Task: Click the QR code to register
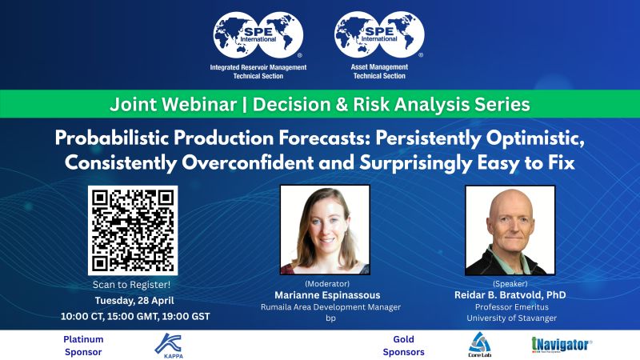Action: (133, 230)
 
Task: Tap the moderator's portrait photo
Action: (325, 230)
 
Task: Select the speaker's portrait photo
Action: (510, 230)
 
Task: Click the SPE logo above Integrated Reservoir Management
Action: (258, 35)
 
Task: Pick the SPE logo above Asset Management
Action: (379, 34)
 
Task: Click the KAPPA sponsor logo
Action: (168, 346)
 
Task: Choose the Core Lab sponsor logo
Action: (479, 345)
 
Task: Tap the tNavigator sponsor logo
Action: (562, 345)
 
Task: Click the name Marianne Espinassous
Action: (327, 295)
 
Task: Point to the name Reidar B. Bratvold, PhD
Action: (510, 294)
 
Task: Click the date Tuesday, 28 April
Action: (134, 301)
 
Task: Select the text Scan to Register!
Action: (131, 285)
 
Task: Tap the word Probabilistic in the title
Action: (112, 138)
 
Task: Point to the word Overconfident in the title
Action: (248, 163)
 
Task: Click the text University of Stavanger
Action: (511, 318)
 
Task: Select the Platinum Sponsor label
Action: (83, 346)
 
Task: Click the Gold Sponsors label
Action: (404, 346)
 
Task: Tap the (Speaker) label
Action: (510, 283)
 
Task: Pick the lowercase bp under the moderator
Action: (330, 318)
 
